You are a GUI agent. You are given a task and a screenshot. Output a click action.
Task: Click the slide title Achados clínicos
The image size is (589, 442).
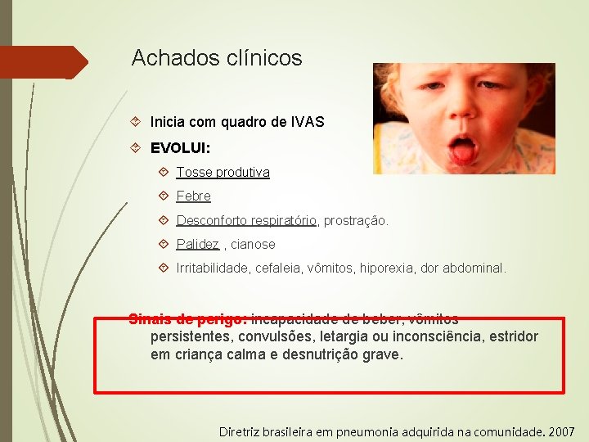click(217, 58)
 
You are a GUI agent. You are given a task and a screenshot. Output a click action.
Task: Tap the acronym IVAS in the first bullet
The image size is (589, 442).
click(307, 122)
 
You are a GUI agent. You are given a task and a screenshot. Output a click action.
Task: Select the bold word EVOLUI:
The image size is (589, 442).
click(180, 149)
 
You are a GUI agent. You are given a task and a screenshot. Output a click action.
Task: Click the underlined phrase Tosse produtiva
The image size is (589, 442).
click(223, 173)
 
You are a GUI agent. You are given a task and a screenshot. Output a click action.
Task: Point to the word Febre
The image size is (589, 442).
click(194, 196)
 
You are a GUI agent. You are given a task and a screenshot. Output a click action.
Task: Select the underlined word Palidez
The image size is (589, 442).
click(198, 244)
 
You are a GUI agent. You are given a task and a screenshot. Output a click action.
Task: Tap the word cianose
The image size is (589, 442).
click(254, 244)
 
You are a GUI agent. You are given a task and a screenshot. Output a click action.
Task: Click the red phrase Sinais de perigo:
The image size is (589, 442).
click(188, 318)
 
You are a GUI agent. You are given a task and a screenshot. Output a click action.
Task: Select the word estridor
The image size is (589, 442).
click(513, 336)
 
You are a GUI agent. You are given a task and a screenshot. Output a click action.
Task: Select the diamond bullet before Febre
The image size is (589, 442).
click(164, 196)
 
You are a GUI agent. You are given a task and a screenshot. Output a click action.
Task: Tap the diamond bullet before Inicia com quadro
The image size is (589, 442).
click(137, 122)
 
